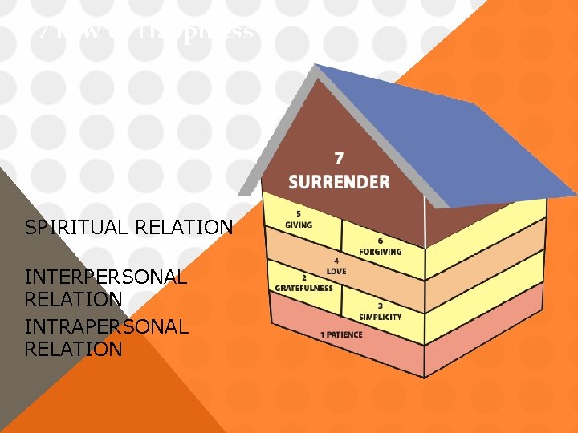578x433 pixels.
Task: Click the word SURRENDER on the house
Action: [x=339, y=181]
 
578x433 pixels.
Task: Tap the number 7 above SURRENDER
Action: [x=340, y=157]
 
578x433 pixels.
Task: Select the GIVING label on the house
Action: [x=299, y=224]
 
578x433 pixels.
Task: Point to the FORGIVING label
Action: [x=381, y=252]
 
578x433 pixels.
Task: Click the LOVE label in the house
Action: [x=337, y=270]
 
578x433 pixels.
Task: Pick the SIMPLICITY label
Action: [x=381, y=316]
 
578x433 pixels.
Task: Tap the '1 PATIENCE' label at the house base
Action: [x=341, y=334]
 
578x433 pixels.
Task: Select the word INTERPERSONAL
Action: [x=106, y=277]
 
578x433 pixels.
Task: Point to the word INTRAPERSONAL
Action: [x=107, y=327]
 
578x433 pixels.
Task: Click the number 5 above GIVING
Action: [x=299, y=214]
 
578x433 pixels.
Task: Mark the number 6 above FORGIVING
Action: [x=381, y=241]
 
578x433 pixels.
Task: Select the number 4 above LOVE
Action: [x=337, y=261]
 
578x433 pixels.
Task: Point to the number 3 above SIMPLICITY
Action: [x=380, y=306]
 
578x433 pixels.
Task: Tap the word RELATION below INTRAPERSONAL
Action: [x=74, y=350]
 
